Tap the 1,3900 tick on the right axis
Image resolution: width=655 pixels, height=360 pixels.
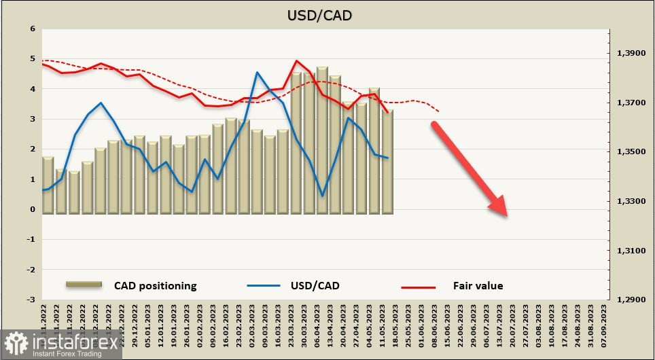(630, 54)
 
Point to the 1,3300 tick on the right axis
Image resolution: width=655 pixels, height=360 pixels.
(630, 202)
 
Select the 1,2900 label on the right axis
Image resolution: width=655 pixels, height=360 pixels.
(630, 300)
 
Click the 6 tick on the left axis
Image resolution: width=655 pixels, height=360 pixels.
(32, 29)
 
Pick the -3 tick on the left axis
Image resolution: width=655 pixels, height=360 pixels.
(30, 300)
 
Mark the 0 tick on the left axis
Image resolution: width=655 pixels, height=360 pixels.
(32, 209)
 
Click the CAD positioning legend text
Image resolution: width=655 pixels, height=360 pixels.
(155, 286)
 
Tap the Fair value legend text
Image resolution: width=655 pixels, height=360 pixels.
(478, 286)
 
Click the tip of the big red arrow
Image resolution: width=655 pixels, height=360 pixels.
(506, 216)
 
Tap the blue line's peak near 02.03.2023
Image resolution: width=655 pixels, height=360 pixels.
(258, 72)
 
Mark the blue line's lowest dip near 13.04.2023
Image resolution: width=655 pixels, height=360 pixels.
(322, 196)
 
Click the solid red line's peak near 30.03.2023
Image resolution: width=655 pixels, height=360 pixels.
(297, 60)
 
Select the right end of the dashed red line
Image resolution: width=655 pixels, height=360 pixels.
(439, 111)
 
